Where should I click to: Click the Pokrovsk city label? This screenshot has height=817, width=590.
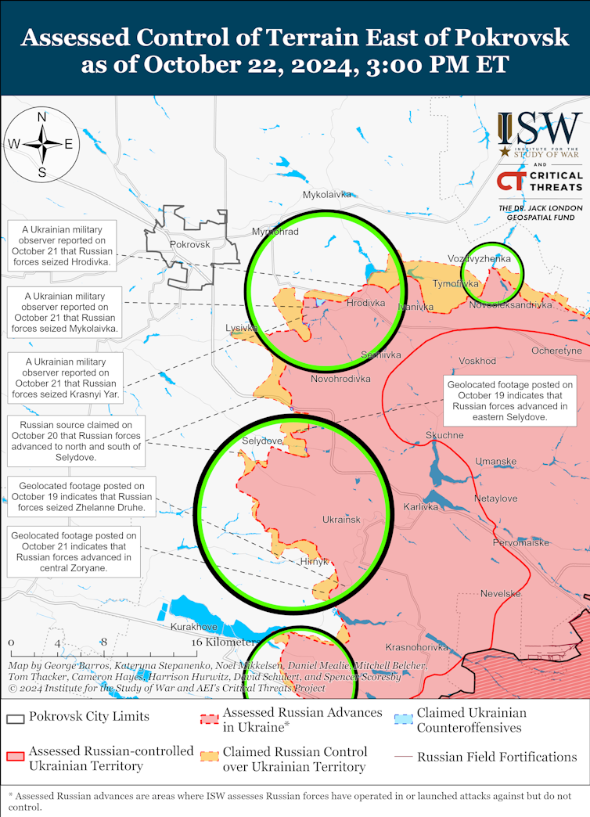click(190, 245)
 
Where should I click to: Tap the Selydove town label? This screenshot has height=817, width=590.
click(261, 441)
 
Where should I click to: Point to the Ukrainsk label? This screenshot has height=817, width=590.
click(341, 520)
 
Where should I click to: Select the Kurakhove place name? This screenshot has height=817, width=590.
click(193, 627)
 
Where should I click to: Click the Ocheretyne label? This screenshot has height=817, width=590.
click(556, 351)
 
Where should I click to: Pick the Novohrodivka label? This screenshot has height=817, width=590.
click(340, 380)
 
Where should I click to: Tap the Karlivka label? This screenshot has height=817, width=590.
click(421, 507)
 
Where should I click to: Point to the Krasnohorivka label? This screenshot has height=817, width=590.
click(416, 647)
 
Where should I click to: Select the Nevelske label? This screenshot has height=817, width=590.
click(501, 594)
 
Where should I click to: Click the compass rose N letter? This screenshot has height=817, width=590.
click(42, 117)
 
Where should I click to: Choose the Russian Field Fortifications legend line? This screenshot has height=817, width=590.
click(403, 757)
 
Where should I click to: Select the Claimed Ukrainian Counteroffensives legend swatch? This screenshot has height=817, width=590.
click(403, 719)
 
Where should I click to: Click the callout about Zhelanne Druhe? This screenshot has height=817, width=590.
click(81, 497)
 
